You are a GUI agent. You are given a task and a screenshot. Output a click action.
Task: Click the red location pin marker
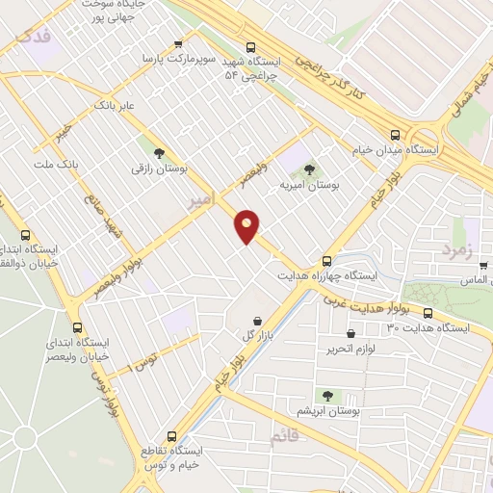coord(247,225)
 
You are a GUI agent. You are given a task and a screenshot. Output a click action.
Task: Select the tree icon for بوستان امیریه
coord(307,169)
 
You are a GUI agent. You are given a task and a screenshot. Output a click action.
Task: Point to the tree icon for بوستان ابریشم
coord(326,395)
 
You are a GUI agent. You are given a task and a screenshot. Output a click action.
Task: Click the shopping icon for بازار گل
coord(255,321)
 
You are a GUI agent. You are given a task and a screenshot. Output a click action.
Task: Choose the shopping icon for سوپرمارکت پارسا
coord(178,44)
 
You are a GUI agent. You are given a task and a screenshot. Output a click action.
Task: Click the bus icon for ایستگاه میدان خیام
coord(395,136)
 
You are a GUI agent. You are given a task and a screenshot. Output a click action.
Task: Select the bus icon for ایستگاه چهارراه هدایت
coord(326,260)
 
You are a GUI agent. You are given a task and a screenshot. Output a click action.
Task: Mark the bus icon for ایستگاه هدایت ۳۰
coord(428,313)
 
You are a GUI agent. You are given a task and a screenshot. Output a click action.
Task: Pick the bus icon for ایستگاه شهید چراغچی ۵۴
coord(250,46)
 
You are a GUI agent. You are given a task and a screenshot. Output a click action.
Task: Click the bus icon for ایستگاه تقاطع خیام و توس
coord(172,435)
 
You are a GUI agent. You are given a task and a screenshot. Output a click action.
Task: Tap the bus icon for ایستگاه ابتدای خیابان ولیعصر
coord(76,324)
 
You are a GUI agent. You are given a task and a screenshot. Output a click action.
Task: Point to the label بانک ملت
coord(55,165)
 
